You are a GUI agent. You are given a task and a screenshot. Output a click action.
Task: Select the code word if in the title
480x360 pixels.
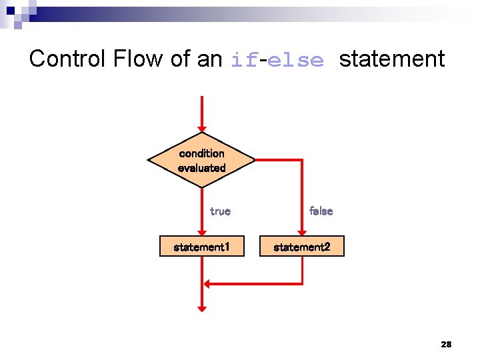click(x=244, y=61)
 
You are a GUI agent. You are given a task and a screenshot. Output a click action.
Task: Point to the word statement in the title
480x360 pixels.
click(x=391, y=59)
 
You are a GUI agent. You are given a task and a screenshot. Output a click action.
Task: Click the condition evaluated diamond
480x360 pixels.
click(x=201, y=161)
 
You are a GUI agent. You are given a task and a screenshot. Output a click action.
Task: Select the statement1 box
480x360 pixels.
click(x=201, y=247)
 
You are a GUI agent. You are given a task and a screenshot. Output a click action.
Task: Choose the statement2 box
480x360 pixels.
click(x=302, y=247)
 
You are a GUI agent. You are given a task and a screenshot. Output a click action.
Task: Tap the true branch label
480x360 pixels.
click(x=220, y=211)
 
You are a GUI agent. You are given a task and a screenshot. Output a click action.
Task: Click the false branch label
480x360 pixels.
click(x=321, y=211)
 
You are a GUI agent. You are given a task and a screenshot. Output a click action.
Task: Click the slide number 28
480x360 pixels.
click(x=446, y=345)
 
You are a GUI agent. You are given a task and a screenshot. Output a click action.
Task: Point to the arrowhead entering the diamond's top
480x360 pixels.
click(x=201, y=129)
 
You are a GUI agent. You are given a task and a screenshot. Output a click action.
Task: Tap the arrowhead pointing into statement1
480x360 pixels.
click(x=201, y=232)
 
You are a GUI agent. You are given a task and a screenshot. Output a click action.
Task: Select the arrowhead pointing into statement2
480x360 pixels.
click(x=302, y=232)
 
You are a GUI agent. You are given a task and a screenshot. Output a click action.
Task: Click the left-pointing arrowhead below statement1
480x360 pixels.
click(x=207, y=283)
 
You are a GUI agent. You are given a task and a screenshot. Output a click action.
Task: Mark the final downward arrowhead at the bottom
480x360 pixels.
click(x=201, y=309)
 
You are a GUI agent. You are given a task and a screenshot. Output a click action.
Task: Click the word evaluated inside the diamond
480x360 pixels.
click(x=201, y=168)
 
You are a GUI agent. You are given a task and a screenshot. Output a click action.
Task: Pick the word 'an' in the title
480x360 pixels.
click(x=209, y=59)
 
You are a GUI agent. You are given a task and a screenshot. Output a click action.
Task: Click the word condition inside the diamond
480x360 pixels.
click(x=201, y=153)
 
